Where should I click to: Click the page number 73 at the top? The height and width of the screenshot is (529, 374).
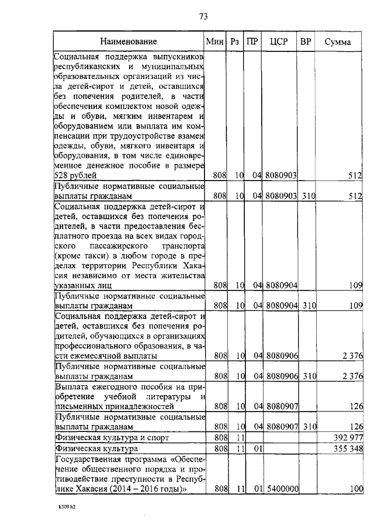(203, 16)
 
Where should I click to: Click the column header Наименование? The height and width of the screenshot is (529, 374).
(128, 42)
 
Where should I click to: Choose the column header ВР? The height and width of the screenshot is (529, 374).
(306, 42)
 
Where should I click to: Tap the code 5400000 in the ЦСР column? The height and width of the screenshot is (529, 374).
(282, 489)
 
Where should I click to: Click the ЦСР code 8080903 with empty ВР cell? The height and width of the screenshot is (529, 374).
(282, 175)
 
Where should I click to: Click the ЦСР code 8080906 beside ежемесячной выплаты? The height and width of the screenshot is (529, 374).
(282, 355)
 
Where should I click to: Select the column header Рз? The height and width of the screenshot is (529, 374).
(236, 42)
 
